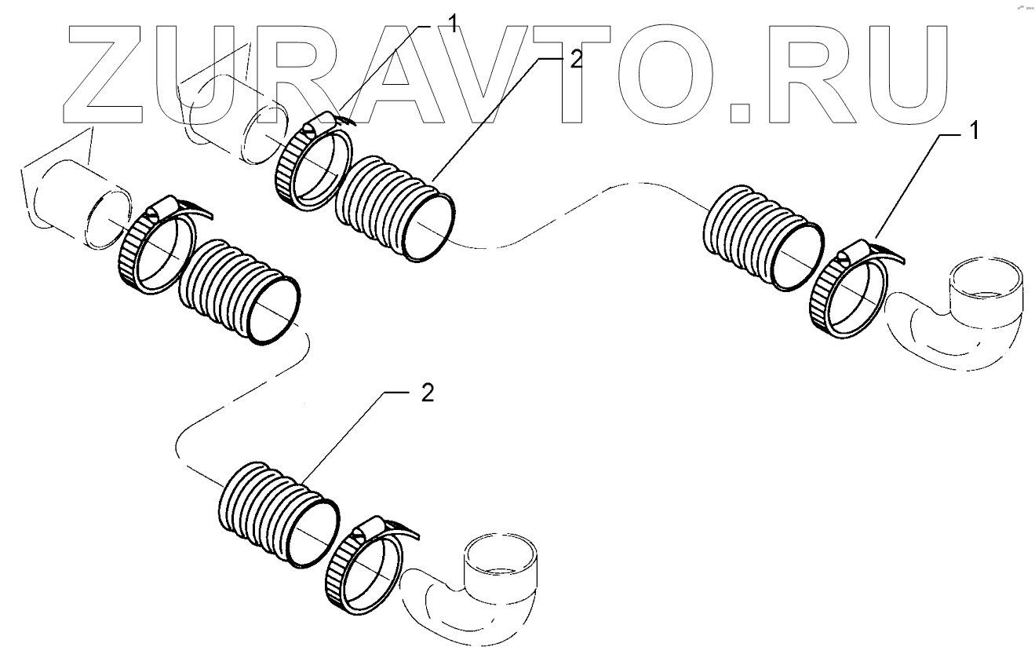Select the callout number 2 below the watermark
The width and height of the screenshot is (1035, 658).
coord(426,393)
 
